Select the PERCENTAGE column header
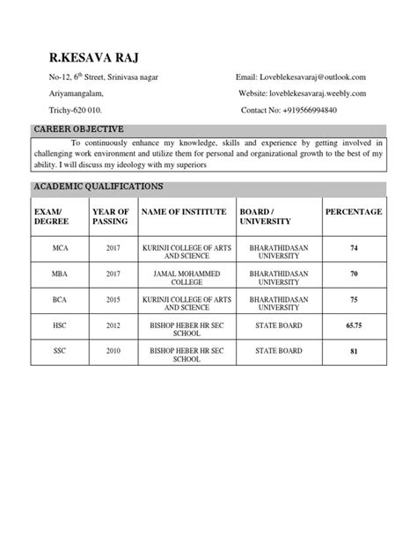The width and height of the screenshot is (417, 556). click(x=354, y=212)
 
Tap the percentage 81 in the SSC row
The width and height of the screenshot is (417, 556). click(x=354, y=351)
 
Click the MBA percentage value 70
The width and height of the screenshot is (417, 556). click(x=354, y=274)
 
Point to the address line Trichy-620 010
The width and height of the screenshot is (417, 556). click(x=76, y=110)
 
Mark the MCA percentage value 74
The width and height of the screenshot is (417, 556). click(x=354, y=249)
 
